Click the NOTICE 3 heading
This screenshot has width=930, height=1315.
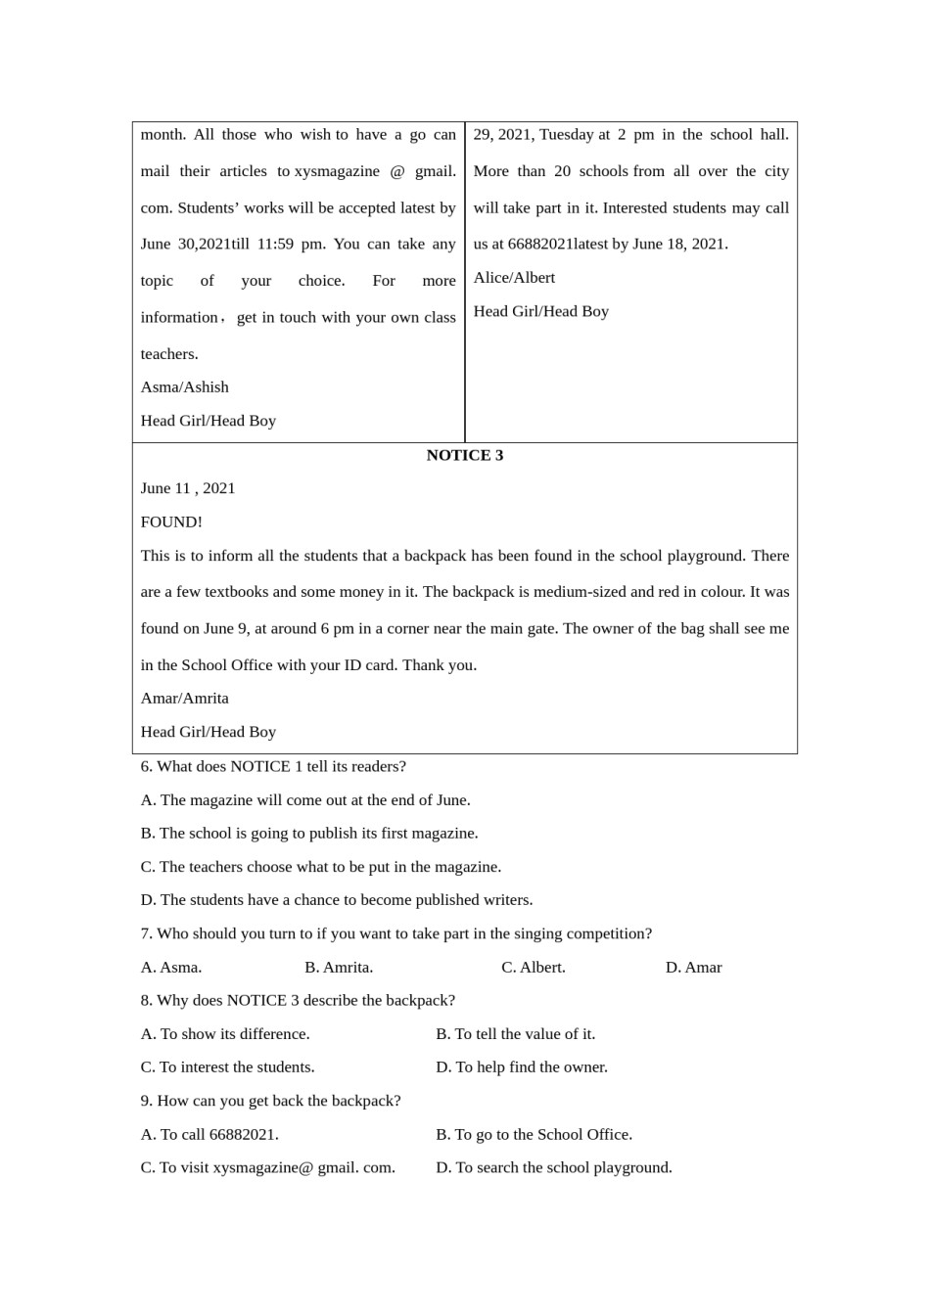coord(464,455)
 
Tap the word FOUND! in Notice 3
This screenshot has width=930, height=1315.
coord(171,521)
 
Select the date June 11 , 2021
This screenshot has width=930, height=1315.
coord(188,488)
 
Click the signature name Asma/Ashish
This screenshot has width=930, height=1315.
coord(184,387)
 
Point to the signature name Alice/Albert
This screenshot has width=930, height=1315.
coord(514,278)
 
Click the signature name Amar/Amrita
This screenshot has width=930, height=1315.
coord(184,698)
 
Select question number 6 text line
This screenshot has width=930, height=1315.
coord(273,766)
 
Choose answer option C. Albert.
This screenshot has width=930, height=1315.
coord(533,967)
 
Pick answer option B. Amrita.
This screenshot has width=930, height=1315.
coord(339,967)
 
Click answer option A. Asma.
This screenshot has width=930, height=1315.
coord(171,967)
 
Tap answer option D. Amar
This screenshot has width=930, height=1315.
coord(693,967)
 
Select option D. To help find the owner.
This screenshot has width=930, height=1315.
coord(521,1067)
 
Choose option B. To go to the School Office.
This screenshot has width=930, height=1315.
coord(534,1134)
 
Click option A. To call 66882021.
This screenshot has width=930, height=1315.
coord(209,1134)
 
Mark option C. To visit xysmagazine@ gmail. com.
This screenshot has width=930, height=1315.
coord(267,1167)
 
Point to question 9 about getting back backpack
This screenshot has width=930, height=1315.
coord(270,1101)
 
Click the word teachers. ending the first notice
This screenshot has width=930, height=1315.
coord(169,354)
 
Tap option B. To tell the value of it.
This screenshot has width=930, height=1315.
coord(515,1034)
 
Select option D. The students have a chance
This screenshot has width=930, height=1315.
coord(337,900)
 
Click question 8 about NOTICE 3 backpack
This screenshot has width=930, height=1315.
coord(298,1000)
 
